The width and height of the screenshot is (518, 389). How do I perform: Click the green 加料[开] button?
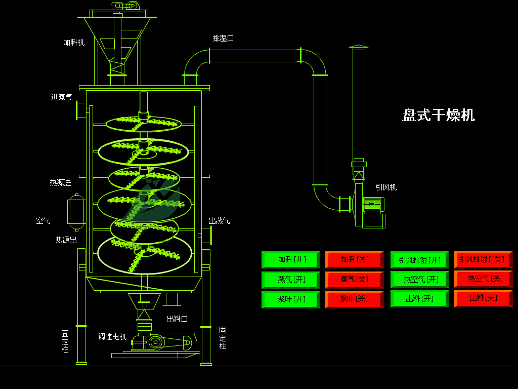[291, 260]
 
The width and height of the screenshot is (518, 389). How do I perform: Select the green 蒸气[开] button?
[291, 280]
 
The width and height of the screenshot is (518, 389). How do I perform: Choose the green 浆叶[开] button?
[291, 299]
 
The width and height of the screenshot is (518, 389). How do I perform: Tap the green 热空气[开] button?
[419, 280]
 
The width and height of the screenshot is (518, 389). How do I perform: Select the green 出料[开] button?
[419, 299]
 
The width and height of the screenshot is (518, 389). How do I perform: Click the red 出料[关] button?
[483, 298]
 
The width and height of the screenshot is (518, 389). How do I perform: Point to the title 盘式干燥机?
[438, 115]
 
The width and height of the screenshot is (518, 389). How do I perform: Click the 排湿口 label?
[223, 38]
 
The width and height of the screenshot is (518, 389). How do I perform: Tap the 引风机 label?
[385, 187]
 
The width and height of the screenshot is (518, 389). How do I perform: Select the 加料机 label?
[74, 43]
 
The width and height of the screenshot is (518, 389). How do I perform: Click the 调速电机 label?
[112, 336]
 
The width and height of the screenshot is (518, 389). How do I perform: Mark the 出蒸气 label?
[219, 221]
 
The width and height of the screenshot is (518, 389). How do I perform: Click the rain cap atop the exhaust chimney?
[359, 47]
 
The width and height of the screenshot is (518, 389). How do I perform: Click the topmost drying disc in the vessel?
[144, 123]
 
